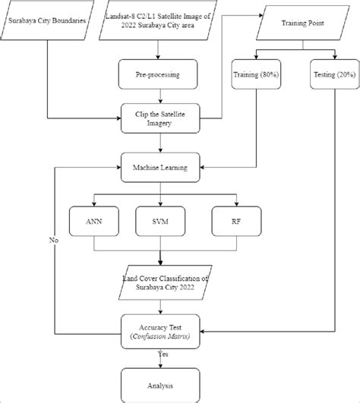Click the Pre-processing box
[158, 76]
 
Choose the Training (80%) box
[254, 76]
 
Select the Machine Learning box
[158, 166]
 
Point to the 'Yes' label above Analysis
[163, 354]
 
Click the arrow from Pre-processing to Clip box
[158, 97]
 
